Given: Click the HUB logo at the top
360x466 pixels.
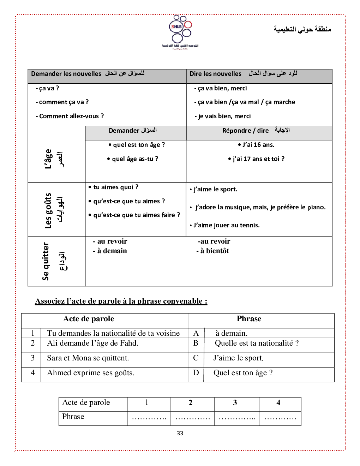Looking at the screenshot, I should [180, 31].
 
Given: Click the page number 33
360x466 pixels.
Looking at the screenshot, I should [180, 433].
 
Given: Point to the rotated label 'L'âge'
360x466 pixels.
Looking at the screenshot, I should [48, 159].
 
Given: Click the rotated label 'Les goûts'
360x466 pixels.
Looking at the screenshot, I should [48, 210].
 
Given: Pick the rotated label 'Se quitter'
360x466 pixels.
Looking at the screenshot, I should [46, 261].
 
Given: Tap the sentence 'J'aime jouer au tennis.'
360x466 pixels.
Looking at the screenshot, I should [226, 225].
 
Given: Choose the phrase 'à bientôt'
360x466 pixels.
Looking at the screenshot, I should [215, 251].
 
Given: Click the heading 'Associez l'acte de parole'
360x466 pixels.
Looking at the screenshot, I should [121, 301].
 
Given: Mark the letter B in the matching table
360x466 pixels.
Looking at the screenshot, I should [196, 343].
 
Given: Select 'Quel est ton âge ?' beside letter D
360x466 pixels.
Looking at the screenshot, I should [243, 373].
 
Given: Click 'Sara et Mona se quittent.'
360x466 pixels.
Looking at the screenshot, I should [88, 358].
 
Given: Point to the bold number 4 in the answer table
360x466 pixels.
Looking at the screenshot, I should [278, 403].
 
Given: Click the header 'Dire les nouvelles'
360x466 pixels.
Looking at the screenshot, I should [215, 74].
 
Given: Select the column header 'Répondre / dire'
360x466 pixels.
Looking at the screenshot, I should [246, 131].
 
